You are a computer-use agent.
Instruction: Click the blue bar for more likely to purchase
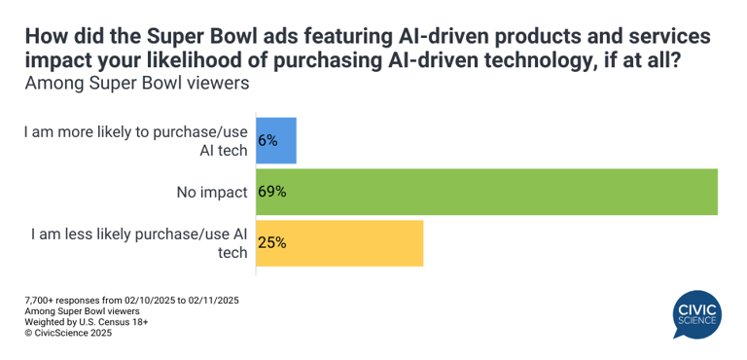tap(276, 140)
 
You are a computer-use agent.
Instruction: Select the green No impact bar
tap(486, 192)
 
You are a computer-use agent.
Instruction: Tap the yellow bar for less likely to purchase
tap(339, 243)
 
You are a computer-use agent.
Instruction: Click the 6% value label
tap(267, 140)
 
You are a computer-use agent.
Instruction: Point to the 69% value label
tap(271, 192)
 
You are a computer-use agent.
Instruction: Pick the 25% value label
tap(271, 243)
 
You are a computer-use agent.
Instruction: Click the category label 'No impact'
tap(212, 192)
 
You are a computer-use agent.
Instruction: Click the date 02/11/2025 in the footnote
tap(210, 300)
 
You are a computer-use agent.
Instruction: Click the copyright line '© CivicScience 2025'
tap(68, 333)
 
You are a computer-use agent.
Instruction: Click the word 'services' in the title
tap(665, 37)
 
